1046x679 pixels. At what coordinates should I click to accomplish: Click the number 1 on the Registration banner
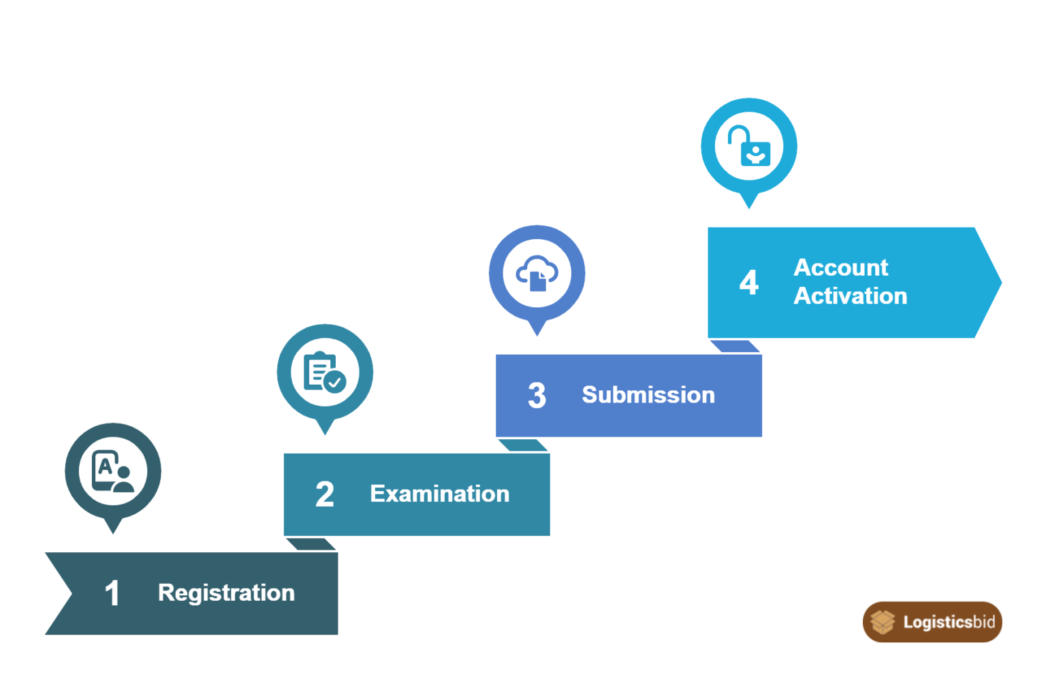(112, 593)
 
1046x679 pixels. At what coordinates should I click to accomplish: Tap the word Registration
(227, 593)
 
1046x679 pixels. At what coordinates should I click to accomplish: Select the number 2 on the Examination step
(325, 494)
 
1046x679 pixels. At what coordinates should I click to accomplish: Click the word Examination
(439, 494)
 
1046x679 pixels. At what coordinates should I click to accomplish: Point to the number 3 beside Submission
(537, 395)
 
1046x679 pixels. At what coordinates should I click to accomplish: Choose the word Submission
(648, 394)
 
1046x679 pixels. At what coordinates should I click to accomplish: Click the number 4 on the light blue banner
(749, 282)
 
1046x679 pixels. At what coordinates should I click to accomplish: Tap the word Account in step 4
(840, 268)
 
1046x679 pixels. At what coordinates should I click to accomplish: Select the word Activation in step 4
(851, 296)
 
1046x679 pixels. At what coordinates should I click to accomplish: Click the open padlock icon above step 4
(749, 145)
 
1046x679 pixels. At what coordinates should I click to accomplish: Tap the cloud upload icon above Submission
(537, 273)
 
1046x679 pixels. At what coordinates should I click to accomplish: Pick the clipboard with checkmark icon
(325, 372)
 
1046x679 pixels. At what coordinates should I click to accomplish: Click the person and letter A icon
(113, 471)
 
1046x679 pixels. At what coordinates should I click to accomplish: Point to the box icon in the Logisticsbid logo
(883, 622)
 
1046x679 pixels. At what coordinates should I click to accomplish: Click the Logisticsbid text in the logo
(949, 622)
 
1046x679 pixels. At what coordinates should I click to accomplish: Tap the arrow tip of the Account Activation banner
(1000, 282)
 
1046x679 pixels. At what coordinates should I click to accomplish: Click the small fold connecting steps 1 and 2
(311, 544)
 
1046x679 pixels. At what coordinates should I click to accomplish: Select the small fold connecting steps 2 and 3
(523, 445)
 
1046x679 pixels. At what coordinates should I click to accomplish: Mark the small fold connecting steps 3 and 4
(735, 346)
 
